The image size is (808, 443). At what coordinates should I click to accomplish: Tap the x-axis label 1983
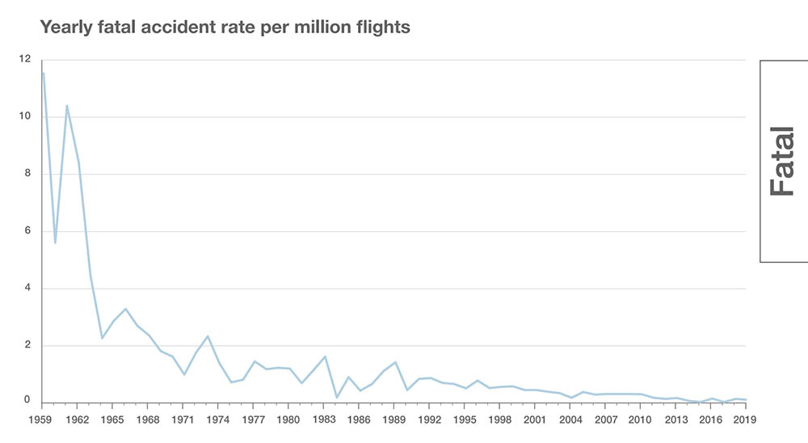[x=325, y=420]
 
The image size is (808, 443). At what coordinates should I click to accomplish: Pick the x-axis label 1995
[x=465, y=420]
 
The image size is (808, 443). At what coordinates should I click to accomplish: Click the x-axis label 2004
[x=570, y=420]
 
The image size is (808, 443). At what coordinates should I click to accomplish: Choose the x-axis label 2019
[x=746, y=420]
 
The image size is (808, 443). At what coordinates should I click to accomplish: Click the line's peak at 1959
[x=43, y=74]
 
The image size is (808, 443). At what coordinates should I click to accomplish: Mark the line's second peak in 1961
[x=67, y=105]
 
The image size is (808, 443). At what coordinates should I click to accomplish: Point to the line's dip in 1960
[x=55, y=243]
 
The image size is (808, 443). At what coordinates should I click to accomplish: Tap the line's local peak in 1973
[x=208, y=336]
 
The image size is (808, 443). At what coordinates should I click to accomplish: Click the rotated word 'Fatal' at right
[x=783, y=162]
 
